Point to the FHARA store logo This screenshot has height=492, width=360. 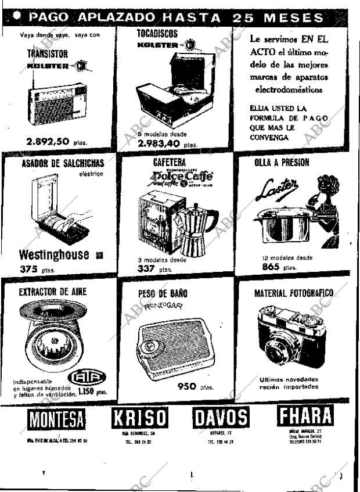pos(305,416)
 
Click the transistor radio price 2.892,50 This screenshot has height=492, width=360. pos(48,141)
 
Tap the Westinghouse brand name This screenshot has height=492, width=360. pos(54,254)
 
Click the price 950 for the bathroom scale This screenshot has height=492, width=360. pos(187,386)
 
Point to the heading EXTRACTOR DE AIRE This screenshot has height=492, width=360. pos(52,291)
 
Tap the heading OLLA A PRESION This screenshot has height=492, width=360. pos(282,163)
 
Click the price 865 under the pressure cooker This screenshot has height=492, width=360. pos(271,267)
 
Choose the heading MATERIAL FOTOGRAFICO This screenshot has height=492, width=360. pos(293,293)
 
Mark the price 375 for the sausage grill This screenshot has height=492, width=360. pos(28,269)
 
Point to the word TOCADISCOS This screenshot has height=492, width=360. pos(157,34)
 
